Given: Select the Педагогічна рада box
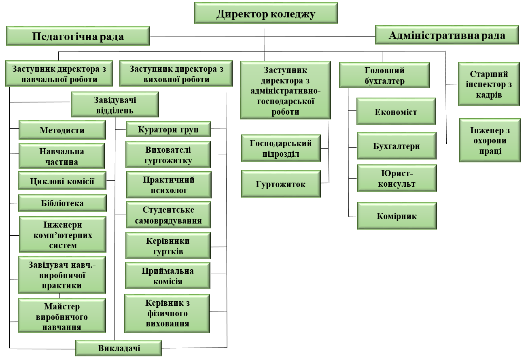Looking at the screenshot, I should tap(78, 36).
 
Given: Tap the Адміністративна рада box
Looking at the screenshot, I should tap(447, 35).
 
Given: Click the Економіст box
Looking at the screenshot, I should tap(396, 111).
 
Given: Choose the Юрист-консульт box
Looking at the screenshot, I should tap(396, 178).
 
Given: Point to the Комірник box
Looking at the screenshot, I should tap(397, 216).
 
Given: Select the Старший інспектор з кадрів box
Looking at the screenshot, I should tap(489, 84).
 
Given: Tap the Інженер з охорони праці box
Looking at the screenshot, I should tap(490, 141).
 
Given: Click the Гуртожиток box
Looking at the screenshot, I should tap(281, 184).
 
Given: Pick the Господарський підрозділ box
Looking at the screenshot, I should tap(281, 148).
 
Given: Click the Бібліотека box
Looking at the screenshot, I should tap(62, 203).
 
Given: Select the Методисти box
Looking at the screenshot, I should tap(62, 130).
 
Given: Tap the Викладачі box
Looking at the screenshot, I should tap(119, 348).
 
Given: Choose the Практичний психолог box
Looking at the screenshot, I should tap(168, 185).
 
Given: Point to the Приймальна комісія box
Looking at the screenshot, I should tap(168, 276).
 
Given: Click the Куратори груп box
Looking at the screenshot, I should tap(168, 130).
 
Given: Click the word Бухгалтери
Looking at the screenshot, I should tap(396, 146).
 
